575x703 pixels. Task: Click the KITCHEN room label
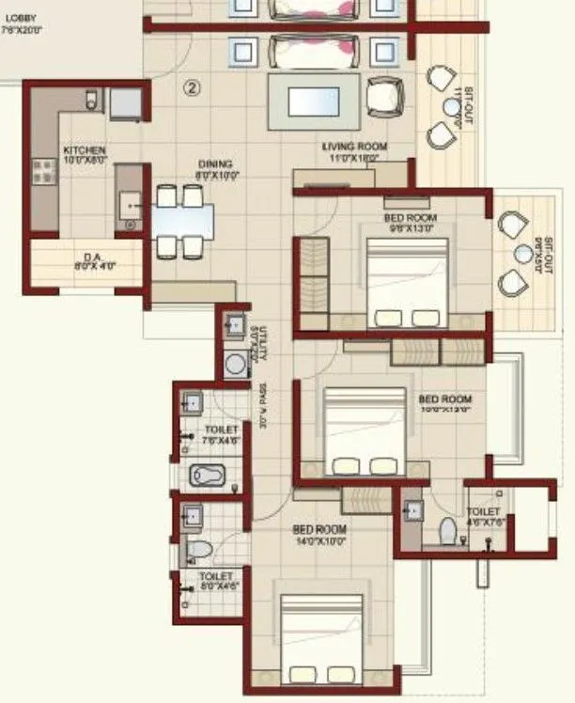[x=84, y=155]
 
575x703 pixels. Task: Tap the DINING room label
[x=214, y=168]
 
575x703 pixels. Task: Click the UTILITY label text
[x=264, y=343]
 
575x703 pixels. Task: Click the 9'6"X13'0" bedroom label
[x=411, y=223]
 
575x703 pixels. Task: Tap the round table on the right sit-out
[x=523, y=253]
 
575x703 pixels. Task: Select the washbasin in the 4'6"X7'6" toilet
[x=414, y=508]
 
